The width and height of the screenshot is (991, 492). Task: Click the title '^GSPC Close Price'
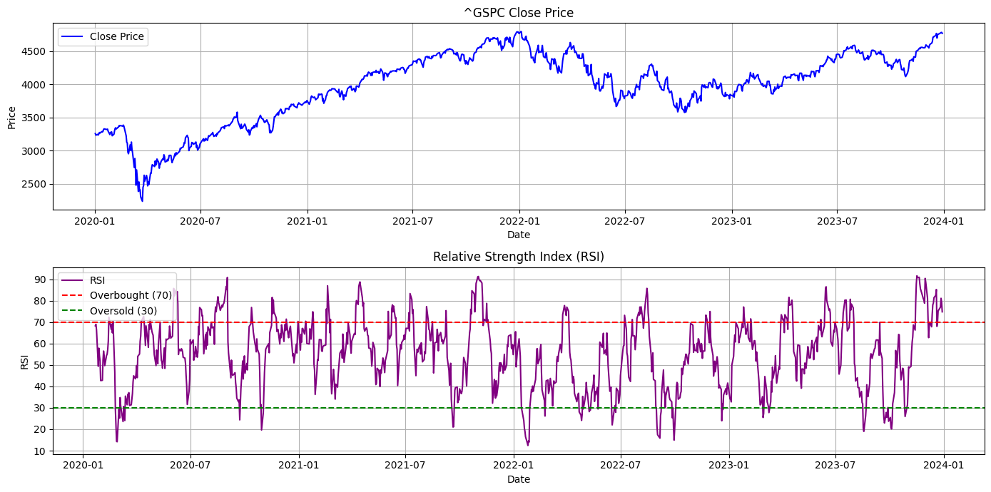(518, 13)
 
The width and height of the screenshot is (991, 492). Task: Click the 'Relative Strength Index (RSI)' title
(518, 257)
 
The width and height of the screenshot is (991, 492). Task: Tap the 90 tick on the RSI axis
(40, 280)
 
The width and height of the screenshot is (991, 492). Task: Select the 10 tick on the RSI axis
(40, 451)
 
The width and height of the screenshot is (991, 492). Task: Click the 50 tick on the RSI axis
(40, 365)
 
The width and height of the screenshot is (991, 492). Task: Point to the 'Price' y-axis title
(11, 118)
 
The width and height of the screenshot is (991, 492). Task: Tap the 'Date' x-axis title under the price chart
(518, 235)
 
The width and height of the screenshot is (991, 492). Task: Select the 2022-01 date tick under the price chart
(519, 222)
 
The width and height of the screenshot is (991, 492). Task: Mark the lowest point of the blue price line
(142, 201)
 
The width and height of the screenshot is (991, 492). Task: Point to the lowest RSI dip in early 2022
(528, 446)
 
